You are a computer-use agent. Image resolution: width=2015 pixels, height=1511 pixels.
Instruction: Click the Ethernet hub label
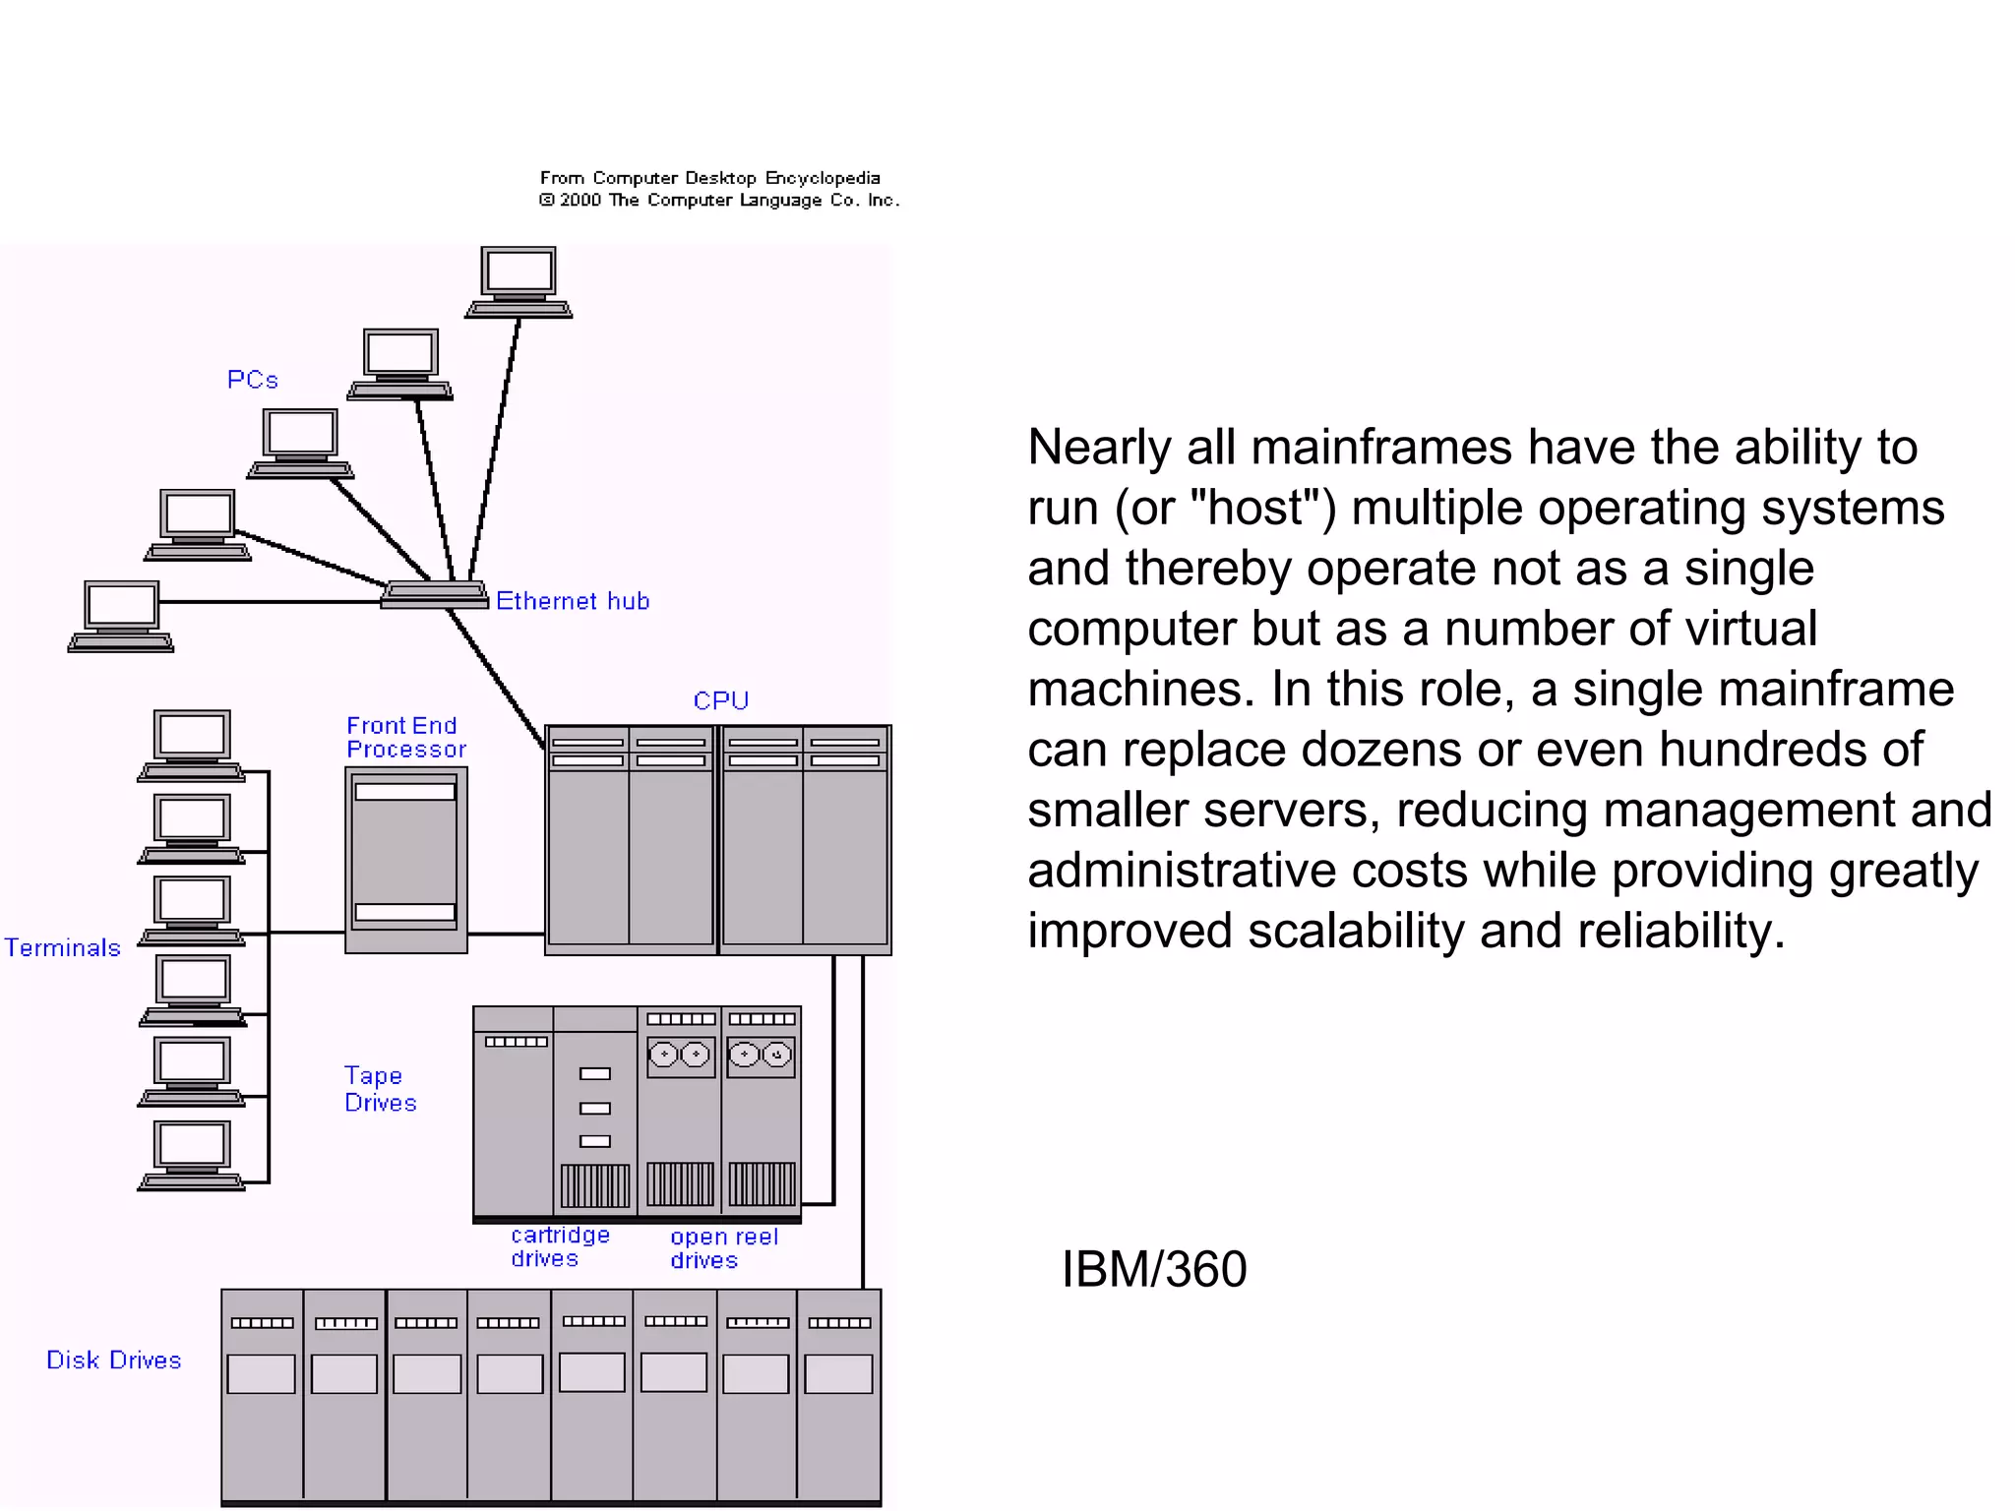[x=573, y=601]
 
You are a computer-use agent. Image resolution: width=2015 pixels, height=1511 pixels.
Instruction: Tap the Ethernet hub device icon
[x=435, y=594]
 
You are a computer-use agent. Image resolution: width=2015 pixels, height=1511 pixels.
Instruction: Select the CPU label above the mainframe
[x=721, y=700]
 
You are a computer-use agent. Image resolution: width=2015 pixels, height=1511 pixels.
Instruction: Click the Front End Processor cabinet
[x=405, y=859]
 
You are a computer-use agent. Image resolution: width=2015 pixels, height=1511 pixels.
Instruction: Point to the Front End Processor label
[x=405, y=738]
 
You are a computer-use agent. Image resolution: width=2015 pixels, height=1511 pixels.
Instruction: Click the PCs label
[x=253, y=380]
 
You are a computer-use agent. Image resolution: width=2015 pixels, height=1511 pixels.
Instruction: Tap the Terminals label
[x=63, y=947]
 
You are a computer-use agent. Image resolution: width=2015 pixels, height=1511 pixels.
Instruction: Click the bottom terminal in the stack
[x=192, y=1154]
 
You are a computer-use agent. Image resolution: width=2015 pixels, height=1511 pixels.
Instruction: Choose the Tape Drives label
[x=380, y=1089]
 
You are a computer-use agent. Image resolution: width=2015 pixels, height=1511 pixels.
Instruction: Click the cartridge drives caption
[x=560, y=1246]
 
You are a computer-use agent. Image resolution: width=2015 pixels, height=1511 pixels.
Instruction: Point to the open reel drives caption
[x=724, y=1248]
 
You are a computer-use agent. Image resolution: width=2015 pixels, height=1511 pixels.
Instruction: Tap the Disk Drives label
[x=114, y=1360]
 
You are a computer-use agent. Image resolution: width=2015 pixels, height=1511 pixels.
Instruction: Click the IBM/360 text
[x=1154, y=1269]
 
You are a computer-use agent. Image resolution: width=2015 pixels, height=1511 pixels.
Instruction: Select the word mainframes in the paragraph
[x=1381, y=448]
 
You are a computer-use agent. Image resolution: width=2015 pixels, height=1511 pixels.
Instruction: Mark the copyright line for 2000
[x=719, y=200]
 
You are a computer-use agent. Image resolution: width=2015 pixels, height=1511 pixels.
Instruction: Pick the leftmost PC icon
[x=121, y=616]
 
